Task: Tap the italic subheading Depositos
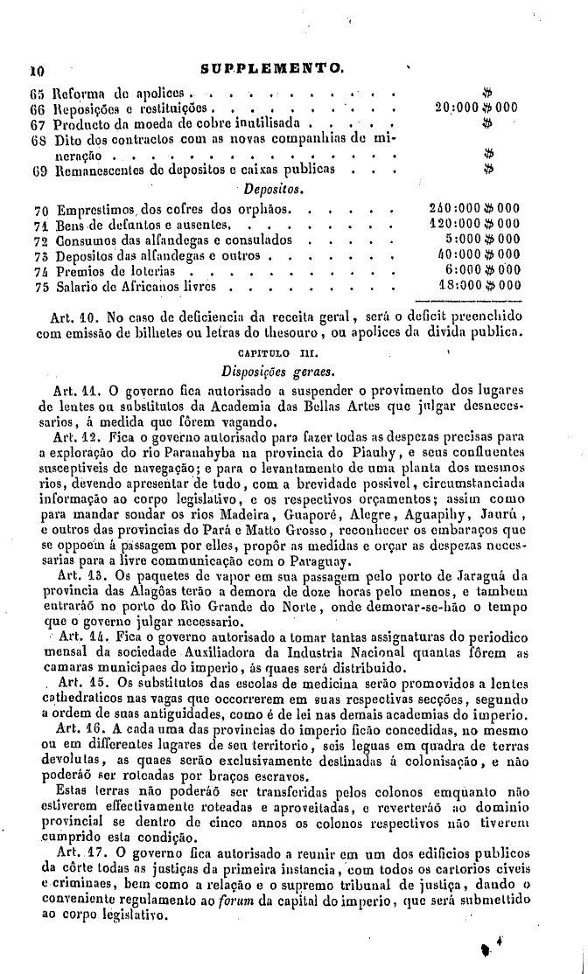point(273,188)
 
